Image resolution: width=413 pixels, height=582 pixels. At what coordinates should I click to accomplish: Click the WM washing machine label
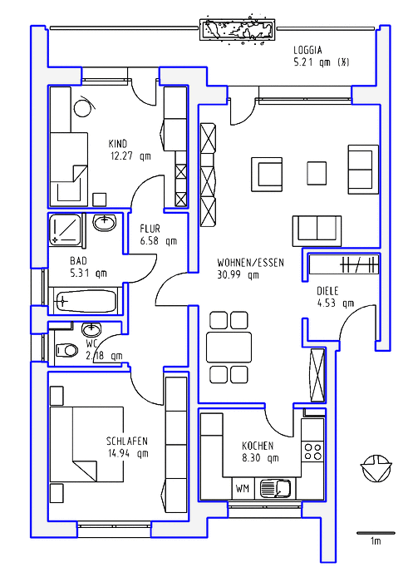(243, 489)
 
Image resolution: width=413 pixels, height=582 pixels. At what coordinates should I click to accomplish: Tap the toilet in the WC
(66, 350)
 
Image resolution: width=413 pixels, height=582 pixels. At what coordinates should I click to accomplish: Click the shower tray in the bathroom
(65, 229)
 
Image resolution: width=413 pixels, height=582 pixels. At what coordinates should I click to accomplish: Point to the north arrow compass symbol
(376, 468)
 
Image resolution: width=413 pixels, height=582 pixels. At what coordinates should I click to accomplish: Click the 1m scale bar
(375, 533)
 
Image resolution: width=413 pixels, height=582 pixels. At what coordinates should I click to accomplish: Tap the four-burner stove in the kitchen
(312, 451)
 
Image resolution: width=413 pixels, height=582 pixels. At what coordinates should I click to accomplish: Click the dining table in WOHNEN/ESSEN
(229, 347)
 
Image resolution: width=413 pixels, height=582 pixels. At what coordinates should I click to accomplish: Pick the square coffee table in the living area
(317, 173)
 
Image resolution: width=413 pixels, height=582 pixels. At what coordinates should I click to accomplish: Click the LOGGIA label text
(307, 50)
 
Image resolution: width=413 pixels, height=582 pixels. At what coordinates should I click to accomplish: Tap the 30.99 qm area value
(238, 275)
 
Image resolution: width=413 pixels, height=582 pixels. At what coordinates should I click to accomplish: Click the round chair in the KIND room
(83, 108)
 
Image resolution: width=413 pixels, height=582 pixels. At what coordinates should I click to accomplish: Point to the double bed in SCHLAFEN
(86, 444)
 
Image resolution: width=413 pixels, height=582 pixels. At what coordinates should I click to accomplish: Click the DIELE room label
(327, 291)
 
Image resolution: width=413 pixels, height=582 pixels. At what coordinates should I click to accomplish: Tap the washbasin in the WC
(91, 328)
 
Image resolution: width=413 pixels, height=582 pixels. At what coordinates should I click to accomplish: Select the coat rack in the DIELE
(343, 264)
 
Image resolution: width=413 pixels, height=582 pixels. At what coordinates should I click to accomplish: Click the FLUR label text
(150, 229)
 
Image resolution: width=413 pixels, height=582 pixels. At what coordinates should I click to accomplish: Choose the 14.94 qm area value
(128, 454)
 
